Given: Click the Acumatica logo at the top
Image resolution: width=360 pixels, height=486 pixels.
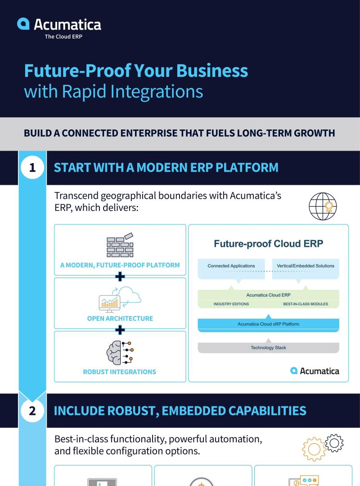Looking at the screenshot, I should (59, 24).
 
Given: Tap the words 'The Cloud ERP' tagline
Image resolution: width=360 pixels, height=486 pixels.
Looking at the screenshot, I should (63, 37).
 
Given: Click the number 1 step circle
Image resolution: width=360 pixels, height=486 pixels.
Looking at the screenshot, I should (32, 168).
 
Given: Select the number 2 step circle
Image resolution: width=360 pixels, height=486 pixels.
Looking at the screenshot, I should (32, 410).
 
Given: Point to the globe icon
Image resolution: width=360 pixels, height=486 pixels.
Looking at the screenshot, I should (323, 206).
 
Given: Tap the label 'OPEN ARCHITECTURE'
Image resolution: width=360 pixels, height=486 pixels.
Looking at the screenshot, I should (120, 318).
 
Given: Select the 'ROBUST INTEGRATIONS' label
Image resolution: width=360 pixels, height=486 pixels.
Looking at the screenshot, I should (120, 372).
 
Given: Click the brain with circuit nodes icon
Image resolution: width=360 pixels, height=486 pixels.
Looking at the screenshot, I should (120, 352).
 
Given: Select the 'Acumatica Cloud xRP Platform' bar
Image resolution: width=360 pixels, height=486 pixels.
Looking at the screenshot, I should (269, 324).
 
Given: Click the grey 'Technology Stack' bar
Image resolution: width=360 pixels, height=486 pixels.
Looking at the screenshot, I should (269, 348).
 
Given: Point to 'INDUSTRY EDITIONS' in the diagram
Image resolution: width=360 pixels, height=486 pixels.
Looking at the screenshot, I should (231, 304).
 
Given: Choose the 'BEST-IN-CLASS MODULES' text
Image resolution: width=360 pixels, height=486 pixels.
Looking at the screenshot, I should (306, 304).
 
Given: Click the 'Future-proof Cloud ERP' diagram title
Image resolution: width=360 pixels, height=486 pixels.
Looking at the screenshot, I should (269, 244).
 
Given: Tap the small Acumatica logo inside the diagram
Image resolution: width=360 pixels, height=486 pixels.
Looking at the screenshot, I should (315, 371).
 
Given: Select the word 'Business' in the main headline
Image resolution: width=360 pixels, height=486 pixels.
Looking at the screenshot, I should (212, 71).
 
